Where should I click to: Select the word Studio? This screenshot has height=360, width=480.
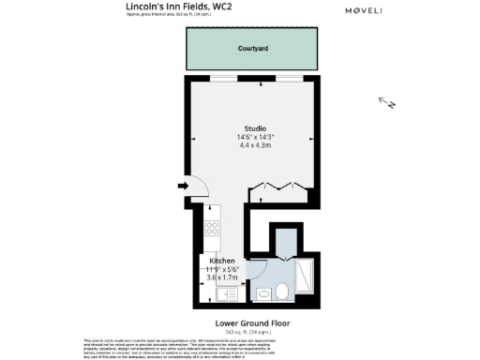tap(255, 128)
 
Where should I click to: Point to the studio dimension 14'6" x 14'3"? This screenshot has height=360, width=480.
tap(255, 137)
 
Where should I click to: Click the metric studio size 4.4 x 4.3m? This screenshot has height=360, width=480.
tap(255, 145)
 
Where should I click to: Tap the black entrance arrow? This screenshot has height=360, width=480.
tap(182, 187)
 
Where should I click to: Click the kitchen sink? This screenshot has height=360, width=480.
tap(226, 293)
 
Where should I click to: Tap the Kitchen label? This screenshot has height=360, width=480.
tap(222, 261)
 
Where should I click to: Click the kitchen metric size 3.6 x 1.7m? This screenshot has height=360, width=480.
tap(222, 277)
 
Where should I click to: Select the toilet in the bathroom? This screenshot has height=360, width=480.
tap(265, 292)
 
